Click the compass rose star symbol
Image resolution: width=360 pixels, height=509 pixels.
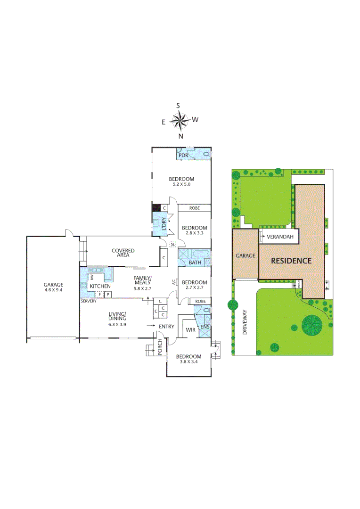tap(180, 121)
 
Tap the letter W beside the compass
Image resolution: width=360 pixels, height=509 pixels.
tap(195, 120)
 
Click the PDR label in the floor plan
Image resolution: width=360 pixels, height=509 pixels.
tap(182, 155)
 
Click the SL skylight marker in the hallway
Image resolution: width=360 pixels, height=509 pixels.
tap(172, 244)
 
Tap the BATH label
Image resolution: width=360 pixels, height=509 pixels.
tap(195, 263)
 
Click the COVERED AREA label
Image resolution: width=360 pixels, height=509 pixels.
tap(123, 254)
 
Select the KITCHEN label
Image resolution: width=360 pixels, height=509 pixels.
tap(100, 286)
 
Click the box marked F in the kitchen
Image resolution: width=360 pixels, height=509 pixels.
tap(99, 295)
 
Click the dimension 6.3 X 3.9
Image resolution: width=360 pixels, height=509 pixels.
tap(116, 324)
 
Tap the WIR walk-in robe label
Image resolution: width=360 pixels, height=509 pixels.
tap(190, 329)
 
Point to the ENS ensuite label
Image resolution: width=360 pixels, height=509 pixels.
tap(205, 327)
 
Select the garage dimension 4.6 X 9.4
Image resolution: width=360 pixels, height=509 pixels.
tap(53, 290)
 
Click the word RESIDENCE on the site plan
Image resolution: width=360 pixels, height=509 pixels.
tap(291, 261)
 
